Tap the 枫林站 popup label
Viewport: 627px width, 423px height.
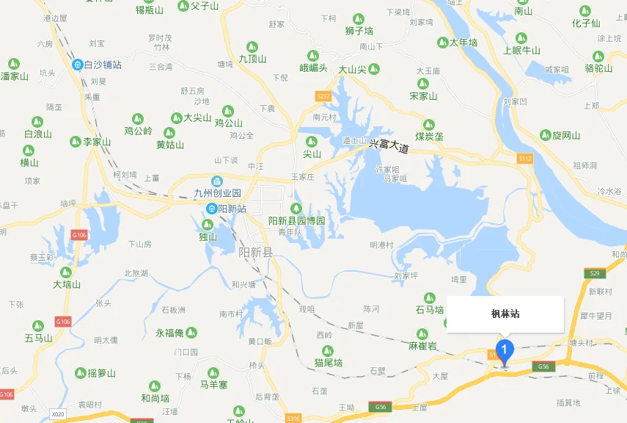[x=505, y=314]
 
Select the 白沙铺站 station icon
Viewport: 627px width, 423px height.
[x=78, y=65]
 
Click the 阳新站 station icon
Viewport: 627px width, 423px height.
[x=210, y=209]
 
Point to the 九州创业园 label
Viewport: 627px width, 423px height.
[x=216, y=194]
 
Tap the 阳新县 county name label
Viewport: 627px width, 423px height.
[x=255, y=252]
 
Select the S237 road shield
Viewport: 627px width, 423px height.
[x=323, y=96]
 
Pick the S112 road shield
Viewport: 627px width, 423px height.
[x=524, y=158]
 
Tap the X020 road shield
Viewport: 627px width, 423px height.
[x=58, y=415]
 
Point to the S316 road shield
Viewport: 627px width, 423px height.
[x=293, y=418]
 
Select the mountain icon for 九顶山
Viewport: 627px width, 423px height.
[x=252, y=46]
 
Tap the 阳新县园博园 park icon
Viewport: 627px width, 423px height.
[x=297, y=208]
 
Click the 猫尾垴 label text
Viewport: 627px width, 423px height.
[x=329, y=362]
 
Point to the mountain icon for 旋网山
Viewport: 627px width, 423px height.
[x=545, y=134]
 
